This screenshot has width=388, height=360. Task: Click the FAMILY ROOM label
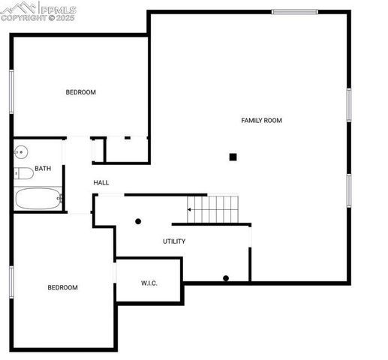(261, 120)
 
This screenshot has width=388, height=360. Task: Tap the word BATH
(43, 169)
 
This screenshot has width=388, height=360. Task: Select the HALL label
(101, 182)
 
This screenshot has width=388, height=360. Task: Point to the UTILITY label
(174, 241)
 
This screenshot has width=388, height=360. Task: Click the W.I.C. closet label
(149, 283)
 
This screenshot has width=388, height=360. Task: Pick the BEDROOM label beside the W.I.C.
(62, 287)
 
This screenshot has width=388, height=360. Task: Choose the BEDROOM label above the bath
(80, 92)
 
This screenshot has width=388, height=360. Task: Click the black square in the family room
(233, 157)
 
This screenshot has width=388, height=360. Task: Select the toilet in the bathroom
(23, 173)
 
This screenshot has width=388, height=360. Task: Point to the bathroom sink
(20, 152)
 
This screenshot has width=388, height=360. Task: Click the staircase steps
(214, 208)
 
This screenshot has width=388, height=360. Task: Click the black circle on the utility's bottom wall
(226, 279)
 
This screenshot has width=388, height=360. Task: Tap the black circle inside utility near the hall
(138, 221)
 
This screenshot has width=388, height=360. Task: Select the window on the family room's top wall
(294, 11)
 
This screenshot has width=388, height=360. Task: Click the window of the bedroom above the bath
(11, 91)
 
